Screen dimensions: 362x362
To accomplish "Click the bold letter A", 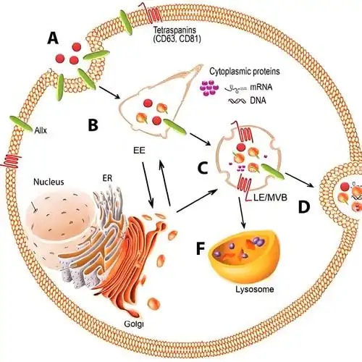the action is [53, 38].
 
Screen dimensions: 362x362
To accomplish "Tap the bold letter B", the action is [93, 125].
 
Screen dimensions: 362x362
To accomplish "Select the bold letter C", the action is [203, 168].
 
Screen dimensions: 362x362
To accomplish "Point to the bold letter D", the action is [304, 207].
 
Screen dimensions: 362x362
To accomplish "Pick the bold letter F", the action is [201, 248].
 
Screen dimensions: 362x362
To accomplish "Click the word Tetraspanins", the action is [175, 30].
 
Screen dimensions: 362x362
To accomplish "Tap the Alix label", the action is [41, 130].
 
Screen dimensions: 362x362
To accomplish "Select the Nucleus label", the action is [49, 182].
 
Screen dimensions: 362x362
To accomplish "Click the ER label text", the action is [107, 178].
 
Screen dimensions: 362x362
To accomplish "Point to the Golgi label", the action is [134, 324].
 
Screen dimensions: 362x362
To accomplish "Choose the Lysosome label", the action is [255, 290].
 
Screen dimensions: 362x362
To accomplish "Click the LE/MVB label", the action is [270, 198].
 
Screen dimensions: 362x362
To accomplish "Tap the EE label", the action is [139, 151].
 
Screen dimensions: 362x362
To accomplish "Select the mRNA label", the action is [261, 87].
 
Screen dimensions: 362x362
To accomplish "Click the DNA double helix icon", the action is [237, 101].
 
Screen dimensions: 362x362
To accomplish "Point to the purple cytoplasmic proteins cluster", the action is [209, 88].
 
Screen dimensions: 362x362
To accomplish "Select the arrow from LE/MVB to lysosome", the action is [242, 213].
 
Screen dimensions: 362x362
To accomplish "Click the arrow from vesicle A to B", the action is [110, 93].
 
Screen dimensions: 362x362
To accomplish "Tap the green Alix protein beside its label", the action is [21, 124].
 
